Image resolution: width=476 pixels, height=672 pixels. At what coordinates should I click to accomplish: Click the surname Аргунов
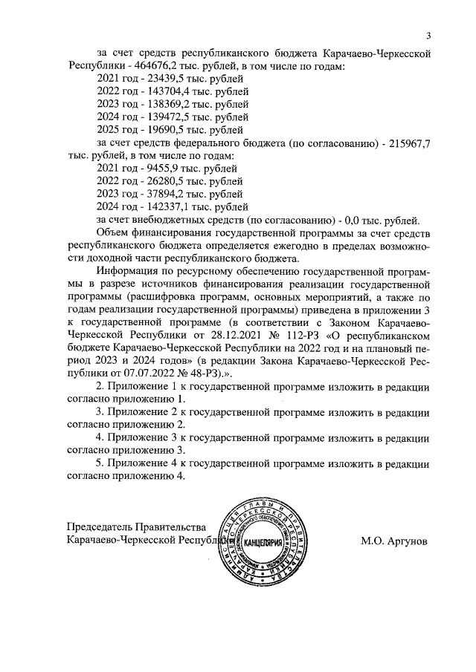pyautogui.click(x=408, y=542)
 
